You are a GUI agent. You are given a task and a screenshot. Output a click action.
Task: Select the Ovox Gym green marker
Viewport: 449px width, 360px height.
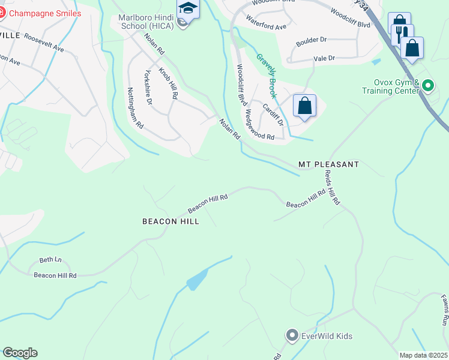[x=427, y=86]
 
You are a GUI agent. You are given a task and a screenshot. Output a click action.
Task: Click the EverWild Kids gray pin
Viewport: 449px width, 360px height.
[x=292, y=335]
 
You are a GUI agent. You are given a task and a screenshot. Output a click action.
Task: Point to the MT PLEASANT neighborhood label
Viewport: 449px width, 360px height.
[x=328, y=164]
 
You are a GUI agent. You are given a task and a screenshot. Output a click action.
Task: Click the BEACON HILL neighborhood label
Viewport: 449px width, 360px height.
[x=170, y=221]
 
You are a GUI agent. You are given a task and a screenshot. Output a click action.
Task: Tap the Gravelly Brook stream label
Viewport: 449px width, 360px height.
[x=267, y=76]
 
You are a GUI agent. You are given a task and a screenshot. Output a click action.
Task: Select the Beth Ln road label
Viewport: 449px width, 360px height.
[x=50, y=260]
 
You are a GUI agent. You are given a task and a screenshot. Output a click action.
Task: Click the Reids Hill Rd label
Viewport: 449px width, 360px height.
[x=332, y=188]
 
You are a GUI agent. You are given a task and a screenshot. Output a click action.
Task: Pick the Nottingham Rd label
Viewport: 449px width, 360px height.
[x=135, y=109]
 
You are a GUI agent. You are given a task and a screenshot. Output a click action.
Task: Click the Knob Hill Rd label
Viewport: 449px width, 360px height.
[x=168, y=83]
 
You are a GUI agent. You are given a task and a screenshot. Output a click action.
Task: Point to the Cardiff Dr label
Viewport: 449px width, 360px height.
[x=273, y=114]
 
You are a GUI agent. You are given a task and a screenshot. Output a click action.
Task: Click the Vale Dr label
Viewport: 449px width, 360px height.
[x=324, y=58]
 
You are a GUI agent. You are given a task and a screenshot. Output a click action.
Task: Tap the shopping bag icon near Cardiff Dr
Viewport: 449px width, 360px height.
[x=304, y=106]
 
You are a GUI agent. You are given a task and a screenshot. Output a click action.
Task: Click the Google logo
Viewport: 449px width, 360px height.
[x=20, y=353]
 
